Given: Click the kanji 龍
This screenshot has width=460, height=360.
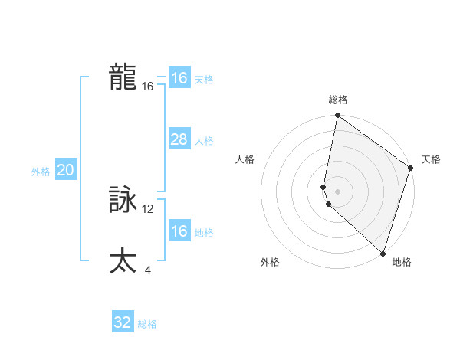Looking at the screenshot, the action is click(123, 77).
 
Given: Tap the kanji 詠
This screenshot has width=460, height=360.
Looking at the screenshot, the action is click(123, 201).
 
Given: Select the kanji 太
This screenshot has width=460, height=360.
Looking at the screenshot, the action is click(123, 261).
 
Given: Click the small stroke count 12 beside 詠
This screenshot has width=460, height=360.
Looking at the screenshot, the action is click(148, 208).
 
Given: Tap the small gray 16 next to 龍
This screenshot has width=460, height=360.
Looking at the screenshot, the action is click(148, 87).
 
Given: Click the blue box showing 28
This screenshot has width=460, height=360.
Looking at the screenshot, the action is click(179, 139).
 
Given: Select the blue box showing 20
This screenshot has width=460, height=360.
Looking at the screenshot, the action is click(65, 170).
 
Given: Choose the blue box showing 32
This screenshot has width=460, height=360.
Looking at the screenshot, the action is click(123, 322).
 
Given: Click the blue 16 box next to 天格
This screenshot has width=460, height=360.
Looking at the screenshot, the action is click(179, 78).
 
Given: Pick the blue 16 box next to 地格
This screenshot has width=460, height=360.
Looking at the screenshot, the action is click(179, 231).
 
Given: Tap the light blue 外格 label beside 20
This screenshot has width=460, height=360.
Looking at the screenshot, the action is click(41, 172).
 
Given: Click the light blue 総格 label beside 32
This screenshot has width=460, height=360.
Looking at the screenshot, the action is click(147, 324).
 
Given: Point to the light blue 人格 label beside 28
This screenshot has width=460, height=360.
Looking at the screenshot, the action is click(204, 141).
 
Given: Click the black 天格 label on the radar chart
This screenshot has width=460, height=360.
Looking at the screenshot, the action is click(431, 159).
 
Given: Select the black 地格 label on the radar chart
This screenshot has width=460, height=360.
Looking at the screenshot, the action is click(402, 262).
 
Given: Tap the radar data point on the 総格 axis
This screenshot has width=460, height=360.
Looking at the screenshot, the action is click(337, 116).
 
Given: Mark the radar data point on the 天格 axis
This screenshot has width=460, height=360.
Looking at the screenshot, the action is click(410, 168).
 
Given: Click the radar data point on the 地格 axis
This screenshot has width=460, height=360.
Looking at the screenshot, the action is click(383, 253).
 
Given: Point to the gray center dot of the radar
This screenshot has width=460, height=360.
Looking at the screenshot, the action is click(337, 191).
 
